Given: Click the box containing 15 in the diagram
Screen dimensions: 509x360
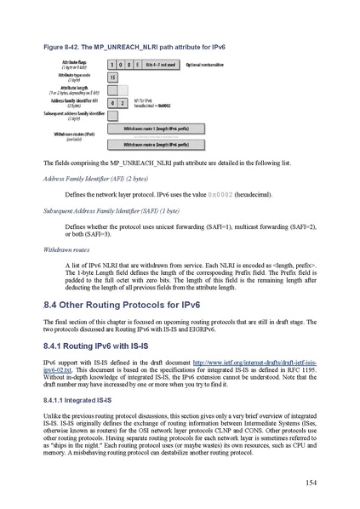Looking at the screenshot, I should pos(113,77).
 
